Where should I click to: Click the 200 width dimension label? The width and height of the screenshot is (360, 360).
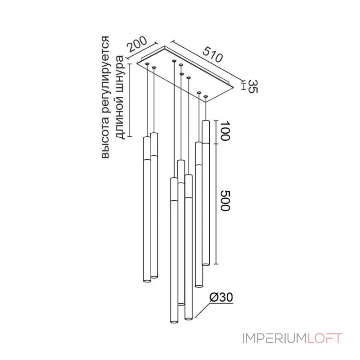coord(137,44)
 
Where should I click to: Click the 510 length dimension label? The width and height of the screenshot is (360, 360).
coord(212,54)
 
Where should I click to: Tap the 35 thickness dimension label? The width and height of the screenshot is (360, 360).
coord(253,86)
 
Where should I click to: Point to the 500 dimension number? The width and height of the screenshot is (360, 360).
coord(225,200)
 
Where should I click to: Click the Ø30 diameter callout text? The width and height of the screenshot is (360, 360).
coord(221,297)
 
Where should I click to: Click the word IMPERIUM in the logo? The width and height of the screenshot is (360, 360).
coord(274,338)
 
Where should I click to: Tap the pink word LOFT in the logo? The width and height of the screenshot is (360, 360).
coord(324,338)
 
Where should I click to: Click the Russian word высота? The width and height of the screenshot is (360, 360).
coord(105,139)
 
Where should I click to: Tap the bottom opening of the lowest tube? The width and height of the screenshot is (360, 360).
coord(174,321)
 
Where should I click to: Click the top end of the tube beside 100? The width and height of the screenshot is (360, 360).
coord(206,121)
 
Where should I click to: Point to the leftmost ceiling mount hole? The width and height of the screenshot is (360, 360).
coord(147,63)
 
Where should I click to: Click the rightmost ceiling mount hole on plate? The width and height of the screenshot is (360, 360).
coord(206,96)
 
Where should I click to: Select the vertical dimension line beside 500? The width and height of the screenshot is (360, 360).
coord(216,204)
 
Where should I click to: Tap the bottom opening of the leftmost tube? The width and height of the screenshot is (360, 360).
coord(147,280)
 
